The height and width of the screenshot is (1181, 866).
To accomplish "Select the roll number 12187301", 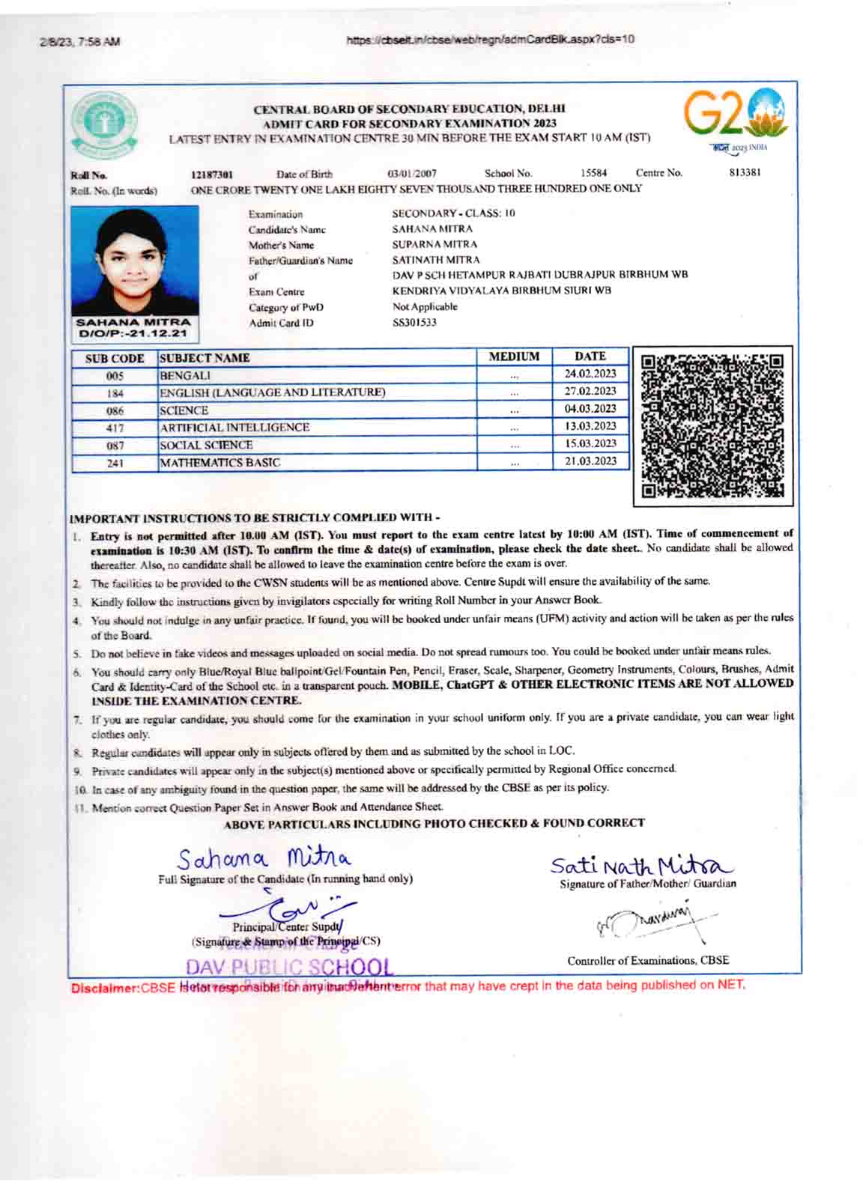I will [212, 174].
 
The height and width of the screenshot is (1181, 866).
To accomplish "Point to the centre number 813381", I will [744, 173].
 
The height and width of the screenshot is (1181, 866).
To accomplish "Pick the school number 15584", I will [593, 173].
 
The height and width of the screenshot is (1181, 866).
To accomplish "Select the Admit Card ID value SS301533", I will [414, 323].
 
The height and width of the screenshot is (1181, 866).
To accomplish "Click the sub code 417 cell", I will [115, 428].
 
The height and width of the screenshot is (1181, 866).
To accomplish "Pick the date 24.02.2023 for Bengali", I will [590, 374].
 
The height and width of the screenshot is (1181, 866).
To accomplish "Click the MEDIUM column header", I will [514, 356].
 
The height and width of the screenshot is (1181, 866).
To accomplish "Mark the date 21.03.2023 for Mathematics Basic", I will [590, 461].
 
